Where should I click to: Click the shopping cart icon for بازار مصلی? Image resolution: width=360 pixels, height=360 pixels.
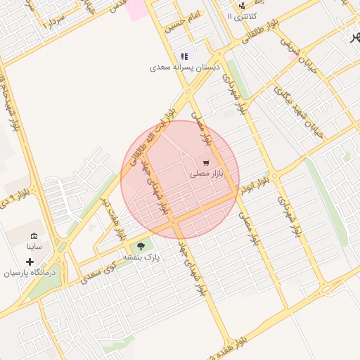point(205,162)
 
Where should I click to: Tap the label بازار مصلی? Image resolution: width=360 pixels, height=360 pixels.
point(206,172)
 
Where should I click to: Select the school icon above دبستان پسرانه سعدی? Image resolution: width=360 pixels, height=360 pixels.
point(184,56)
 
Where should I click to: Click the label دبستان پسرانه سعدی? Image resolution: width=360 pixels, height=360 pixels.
point(184,68)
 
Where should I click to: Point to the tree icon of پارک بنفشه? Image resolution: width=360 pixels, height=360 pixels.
point(141,246)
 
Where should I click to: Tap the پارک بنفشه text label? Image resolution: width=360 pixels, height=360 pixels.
point(142,257)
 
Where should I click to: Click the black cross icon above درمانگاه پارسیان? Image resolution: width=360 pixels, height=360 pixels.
point(29,262)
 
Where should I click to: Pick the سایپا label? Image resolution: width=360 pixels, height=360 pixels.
point(34,247)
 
